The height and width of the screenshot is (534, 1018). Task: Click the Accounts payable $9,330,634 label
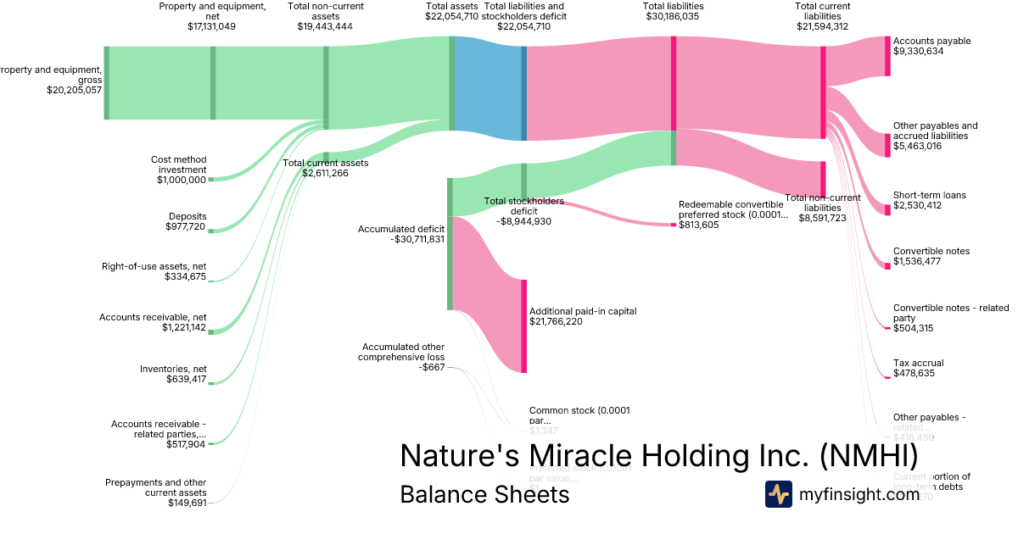point(931,46)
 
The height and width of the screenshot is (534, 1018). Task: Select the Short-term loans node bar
point(887,209)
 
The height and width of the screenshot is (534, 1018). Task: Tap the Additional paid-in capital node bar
point(524,325)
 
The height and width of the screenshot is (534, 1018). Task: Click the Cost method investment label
point(178,170)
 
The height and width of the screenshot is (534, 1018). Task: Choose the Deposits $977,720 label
point(187,221)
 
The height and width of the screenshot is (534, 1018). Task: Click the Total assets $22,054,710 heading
point(451,11)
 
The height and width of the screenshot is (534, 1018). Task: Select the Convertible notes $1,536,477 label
point(931,256)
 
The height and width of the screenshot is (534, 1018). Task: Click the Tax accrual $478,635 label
point(918,368)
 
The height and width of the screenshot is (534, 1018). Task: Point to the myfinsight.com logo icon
point(779,494)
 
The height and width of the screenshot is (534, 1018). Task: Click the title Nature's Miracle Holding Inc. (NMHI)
point(658,455)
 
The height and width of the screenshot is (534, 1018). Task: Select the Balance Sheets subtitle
point(484,494)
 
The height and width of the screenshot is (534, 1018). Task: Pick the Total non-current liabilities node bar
point(822,179)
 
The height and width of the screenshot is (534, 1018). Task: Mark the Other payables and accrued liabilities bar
point(887,144)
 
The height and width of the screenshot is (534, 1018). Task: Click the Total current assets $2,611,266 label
point(325,168)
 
